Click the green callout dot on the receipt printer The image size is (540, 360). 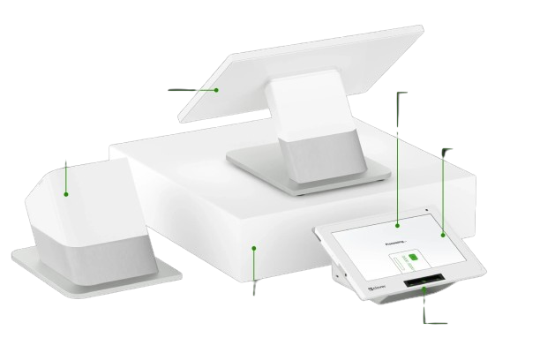(x=65, y=194)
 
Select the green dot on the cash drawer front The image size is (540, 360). (x=254, y=248)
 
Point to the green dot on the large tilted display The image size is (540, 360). (x=217, y=89)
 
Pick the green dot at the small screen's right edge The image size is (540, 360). (x=442, y=235)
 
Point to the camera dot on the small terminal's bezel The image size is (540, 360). (x=425, y=211)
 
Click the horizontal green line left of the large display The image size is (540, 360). (x=191, y=89)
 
